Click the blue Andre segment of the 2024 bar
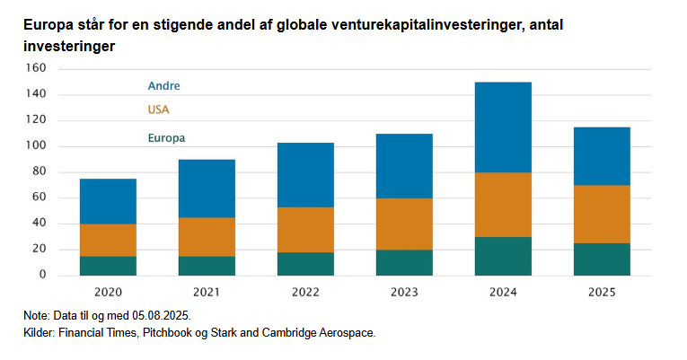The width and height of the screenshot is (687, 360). point(503,127)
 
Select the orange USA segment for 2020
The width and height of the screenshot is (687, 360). point(108,240)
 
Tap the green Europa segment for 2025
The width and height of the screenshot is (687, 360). point(602,259)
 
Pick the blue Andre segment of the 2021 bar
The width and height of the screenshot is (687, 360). point(207,189)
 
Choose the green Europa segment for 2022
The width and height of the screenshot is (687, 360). point(305,263)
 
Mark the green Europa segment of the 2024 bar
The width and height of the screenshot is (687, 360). point(503,256)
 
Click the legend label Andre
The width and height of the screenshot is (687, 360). point(163,86)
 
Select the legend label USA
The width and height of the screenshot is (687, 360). point(158,110)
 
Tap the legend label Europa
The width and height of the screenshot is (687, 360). point(166,138)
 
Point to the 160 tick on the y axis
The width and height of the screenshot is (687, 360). point(35,68)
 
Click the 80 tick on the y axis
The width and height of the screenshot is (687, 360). point(39,172)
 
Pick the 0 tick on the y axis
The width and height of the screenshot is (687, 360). point(42,276)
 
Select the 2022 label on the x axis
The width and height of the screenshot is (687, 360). point(305,293)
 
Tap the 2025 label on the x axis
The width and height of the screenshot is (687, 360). point(602,293)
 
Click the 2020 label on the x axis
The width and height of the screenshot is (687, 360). point(108,293)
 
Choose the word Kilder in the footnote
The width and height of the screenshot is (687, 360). point(40,332)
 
